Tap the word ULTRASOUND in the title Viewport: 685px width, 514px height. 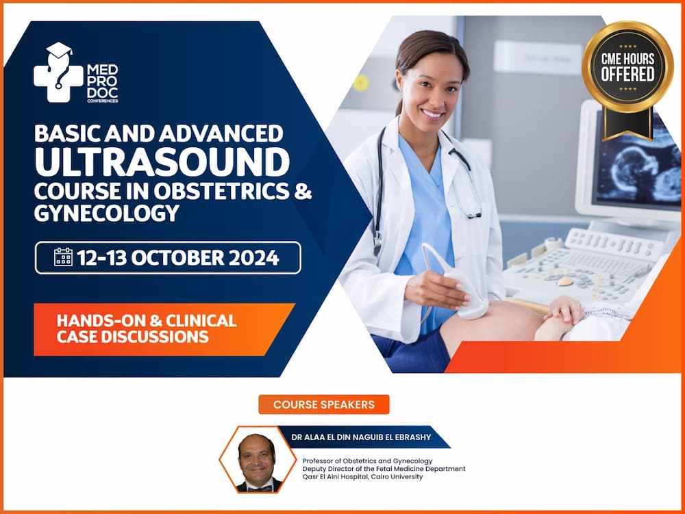point(162,162)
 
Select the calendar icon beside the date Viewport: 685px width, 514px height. point(63,257)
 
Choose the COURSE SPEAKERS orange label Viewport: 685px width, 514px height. point(323,404)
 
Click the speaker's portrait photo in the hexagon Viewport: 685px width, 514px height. point(257,461)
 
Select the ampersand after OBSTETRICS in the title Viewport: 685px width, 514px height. point(302,191)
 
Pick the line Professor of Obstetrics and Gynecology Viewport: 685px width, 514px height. point(367,461)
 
